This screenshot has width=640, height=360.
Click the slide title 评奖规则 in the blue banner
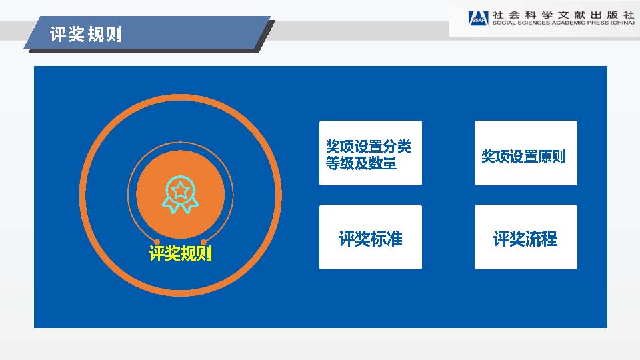tap(86, 34)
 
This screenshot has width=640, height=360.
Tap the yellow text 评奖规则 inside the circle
tap(181, 253)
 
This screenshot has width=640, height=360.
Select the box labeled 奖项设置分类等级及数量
tap(371, 153)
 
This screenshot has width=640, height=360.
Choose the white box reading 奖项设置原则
tap(526, 153)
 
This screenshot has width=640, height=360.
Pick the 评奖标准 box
tap(371, 237)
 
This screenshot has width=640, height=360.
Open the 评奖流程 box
tap(526, 237)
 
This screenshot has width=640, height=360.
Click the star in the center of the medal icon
tap(181, 190)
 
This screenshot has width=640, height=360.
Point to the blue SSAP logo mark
tap(479, 19)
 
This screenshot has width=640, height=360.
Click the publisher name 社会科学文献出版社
tap(563, 15)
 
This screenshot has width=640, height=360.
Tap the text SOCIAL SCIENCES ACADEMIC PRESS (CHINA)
tap(563, 23)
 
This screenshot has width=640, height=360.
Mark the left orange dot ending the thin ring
tap(157, 242)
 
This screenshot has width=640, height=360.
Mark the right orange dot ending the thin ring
tap(203, 242)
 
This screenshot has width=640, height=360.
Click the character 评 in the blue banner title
tap(59, 34)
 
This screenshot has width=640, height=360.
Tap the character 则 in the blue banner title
tap(114, 34)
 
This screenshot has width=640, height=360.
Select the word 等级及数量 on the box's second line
tap(361, 163)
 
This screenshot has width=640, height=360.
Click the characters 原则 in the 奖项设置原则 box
tap(552, 156)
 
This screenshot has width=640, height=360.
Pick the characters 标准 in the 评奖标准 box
tap(387, 239)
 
